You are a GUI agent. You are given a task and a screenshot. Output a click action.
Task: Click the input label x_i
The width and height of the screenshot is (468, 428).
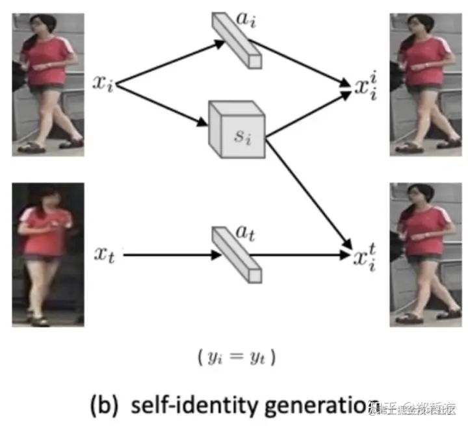point(103,84)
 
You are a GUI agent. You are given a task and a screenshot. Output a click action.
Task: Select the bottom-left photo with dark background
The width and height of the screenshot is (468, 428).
point(47,254)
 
